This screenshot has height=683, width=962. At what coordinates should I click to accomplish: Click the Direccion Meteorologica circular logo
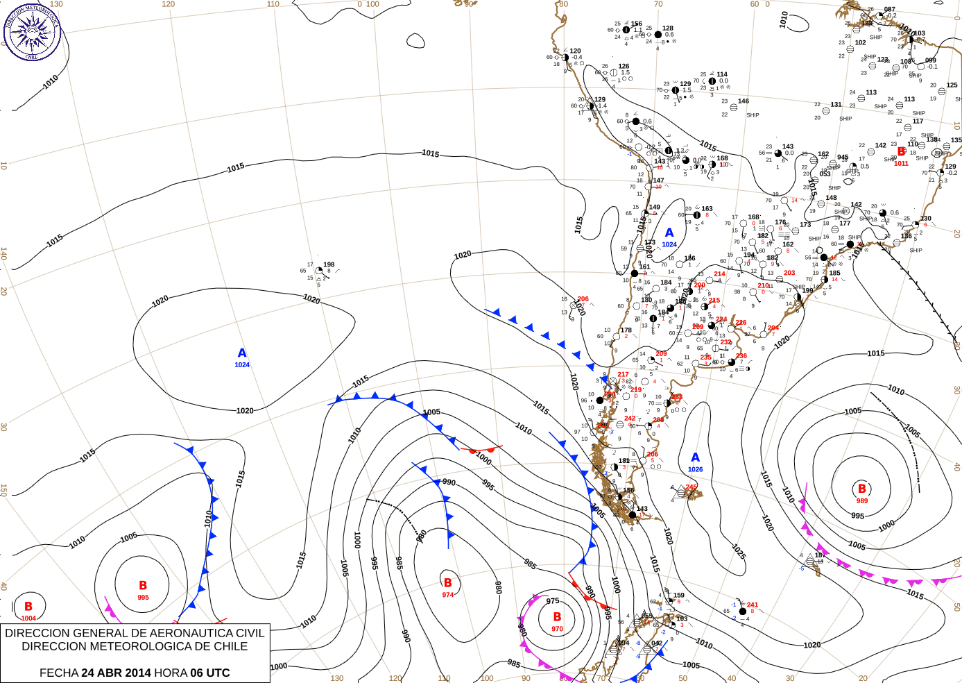pyautogui.click(x=32, y=32)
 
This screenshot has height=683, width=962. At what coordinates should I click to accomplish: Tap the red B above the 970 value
pyautogui.click(x=557, y=616)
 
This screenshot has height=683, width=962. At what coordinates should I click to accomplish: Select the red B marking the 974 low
pyautogui.click(x=447, y=583)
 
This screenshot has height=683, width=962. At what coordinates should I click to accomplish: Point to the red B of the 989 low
pyautogui.click(x=862, y=489)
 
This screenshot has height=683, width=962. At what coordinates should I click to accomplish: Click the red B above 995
pyautogui.click(x=143, y=585)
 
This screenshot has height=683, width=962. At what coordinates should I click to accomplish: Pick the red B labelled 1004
pyautogui.click(x=28, y=607)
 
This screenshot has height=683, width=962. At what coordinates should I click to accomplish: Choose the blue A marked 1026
pyautogui.click(x=696, y=457)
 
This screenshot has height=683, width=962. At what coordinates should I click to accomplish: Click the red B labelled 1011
pyautogui.click(x=901, y=151)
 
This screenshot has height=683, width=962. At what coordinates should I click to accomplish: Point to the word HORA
pyautogui.click(x=171, y=673)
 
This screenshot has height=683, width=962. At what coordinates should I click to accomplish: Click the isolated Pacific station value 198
pyautogui.click(x=329, y=264)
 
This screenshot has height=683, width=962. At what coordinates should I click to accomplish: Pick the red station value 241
pyautogui.click(x=753, y=605)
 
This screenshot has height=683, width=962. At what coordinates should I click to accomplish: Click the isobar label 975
pyautogui.click(x=552, y=601)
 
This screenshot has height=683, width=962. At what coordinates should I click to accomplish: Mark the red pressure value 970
pyautogui.click(x=557, y=629)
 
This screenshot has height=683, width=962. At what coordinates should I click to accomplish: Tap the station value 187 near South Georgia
pyautogui.click(x=821, y=555)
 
